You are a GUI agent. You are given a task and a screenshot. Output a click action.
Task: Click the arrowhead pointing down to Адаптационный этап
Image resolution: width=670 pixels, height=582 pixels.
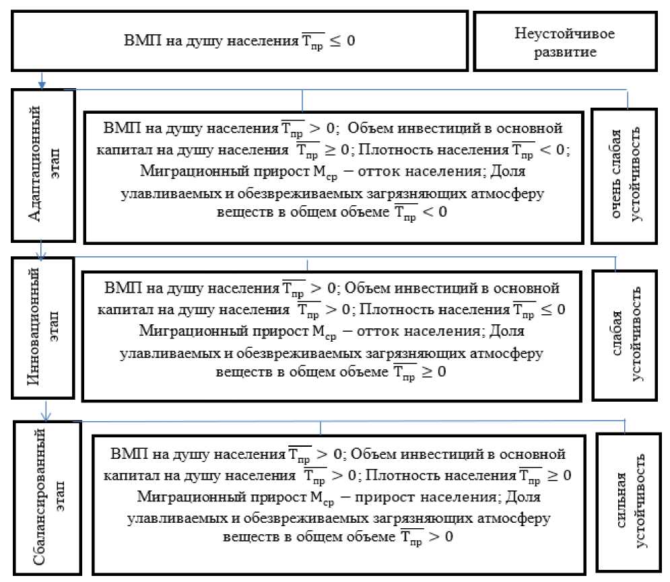42,84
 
